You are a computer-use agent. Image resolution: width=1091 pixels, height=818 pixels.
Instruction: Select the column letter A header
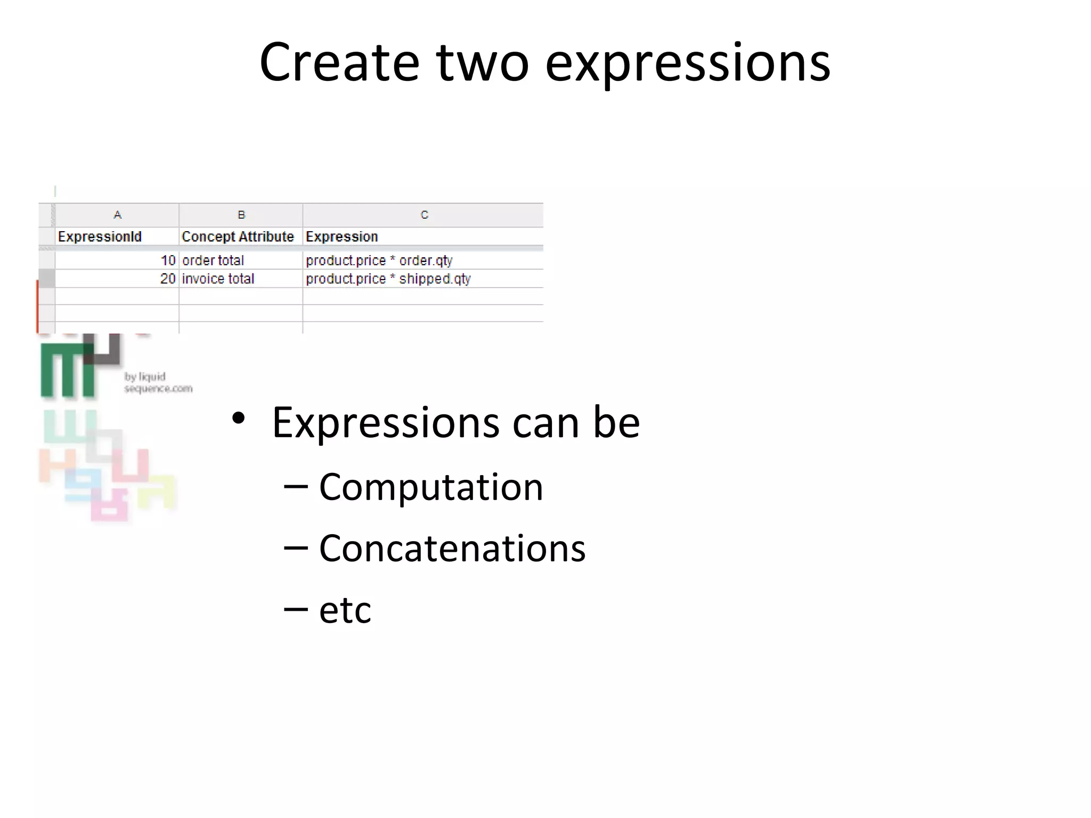tap(117, 215)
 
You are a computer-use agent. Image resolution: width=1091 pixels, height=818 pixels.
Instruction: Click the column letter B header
tap(241, 215)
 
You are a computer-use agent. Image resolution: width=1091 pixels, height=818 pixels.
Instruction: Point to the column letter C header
tap(424, 215)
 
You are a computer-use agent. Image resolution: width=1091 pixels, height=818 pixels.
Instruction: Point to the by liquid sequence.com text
tap(158, 382)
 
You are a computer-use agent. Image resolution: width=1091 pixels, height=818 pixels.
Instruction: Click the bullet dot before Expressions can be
tap(238, 419)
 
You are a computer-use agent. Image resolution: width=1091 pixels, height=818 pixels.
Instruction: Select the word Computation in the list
tap(431, 487)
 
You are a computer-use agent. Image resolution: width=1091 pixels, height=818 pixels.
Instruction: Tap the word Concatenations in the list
tap(452, 548)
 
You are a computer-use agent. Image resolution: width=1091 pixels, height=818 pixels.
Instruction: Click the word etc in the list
tap(345, 610)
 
